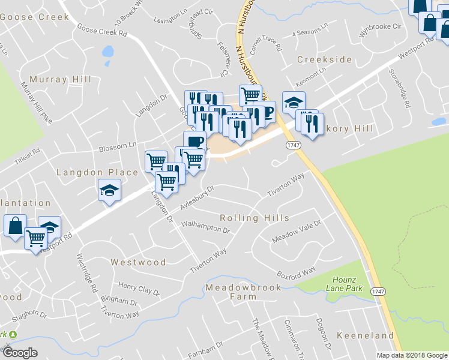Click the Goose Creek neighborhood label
tap(35, 17)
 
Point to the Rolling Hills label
tap(255, 218)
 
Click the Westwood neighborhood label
tap(138, 262)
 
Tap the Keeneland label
tap(360, 334)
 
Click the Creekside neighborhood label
tap(325, 59)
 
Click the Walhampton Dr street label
tap(206, 227)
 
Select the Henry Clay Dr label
tap(139, 289)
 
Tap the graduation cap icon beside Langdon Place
tap(109, 190)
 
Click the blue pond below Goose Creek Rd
tap(108, 52)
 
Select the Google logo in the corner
tap(20, 353)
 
